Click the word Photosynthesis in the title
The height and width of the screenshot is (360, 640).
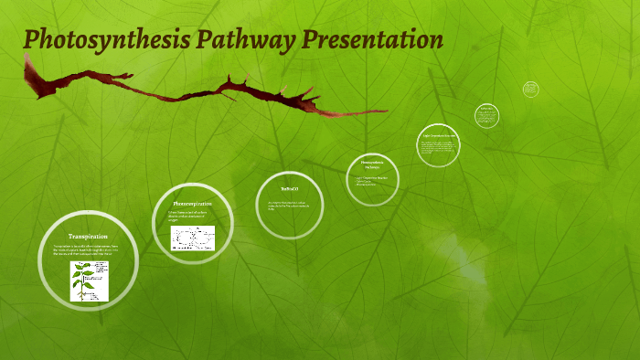[x=108, y=41]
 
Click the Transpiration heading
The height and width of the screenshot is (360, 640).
[x=88, y=237]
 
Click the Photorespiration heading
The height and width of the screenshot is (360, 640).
[x=192, y=203]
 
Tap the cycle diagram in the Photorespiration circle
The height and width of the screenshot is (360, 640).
[x=192, y=238]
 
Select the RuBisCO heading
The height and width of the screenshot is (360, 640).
[x=289, y=189]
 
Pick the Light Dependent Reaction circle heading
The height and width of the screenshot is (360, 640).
[x=438, y=136]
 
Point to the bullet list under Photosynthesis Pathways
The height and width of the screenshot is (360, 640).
[x=371, y=181]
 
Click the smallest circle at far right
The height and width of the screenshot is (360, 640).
[x=531, y=90]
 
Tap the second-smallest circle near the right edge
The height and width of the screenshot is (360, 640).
[x=487, y=115]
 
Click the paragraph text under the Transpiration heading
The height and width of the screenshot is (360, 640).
[x=87, y=250]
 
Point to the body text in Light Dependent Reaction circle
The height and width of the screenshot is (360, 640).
[x=438, y=148]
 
